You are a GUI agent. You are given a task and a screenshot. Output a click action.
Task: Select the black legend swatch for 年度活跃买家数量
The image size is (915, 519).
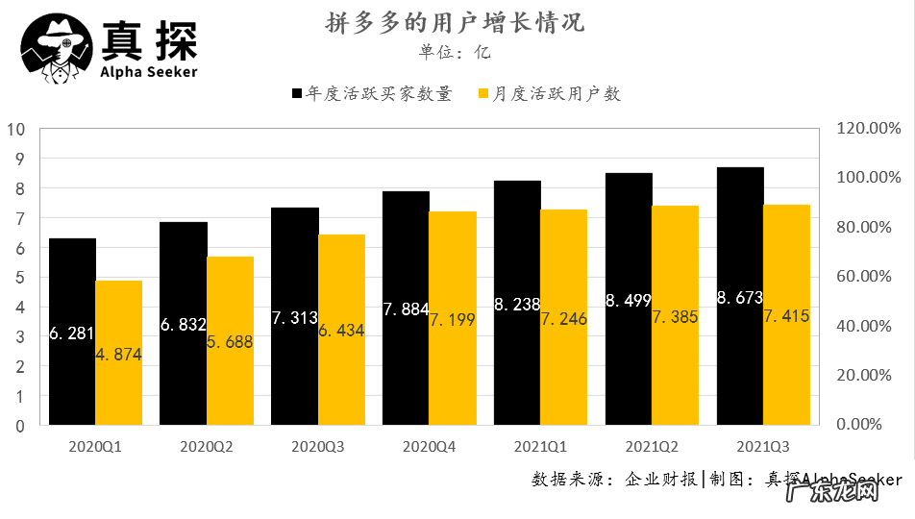(297, 94)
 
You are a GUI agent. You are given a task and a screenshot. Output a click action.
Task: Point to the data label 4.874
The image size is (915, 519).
(118, 355)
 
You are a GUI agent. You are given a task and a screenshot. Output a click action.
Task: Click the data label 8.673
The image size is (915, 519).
(740, 298)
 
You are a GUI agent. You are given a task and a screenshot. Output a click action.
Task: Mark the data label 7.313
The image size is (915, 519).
(295, 318)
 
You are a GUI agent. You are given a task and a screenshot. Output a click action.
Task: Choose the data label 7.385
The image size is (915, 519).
(676, 316)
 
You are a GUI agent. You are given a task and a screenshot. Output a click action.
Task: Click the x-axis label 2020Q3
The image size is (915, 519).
(318, 447)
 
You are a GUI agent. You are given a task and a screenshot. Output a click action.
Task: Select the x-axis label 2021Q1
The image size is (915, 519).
(541, 447)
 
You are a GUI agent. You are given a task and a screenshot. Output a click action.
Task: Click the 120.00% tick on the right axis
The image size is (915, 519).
(867, 129)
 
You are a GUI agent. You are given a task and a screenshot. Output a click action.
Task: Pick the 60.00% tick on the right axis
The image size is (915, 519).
(867, 277)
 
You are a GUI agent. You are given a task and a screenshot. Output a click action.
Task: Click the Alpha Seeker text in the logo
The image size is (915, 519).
(149, 72)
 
